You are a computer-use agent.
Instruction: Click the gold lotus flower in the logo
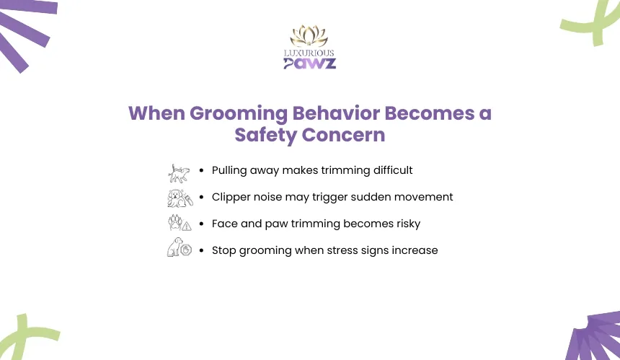[x=309, y=36]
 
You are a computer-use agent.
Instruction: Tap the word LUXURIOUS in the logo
[x=309, y=53]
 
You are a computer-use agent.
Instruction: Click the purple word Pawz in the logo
[x=309, y=63]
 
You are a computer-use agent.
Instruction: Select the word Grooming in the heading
[x=239, y=114]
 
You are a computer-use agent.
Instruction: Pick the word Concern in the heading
[x=343, y=135]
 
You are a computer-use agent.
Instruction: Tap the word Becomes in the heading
[x=430, y=113]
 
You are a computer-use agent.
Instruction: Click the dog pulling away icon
[x=179, y=174]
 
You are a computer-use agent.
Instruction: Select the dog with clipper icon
[x=180, y=198]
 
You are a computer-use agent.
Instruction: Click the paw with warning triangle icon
[x=180, y=223]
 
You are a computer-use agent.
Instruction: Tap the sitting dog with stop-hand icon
[x=180, y=247]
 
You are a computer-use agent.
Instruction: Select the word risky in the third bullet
[x=409, y=224]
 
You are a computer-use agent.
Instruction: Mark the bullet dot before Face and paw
[x=202, y=224]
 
